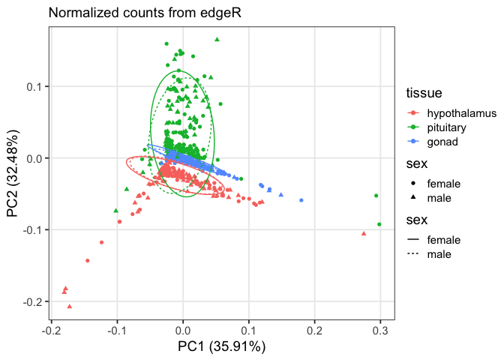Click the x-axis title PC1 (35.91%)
point(220,346)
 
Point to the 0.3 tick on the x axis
point(380,330)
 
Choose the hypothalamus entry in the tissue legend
point(461,113)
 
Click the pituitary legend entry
point(450,127)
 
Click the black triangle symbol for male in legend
point(413,197)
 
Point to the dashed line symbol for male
point(413,254)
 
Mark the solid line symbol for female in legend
point(413,240)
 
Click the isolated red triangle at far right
point(364,233)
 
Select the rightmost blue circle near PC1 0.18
point(301,200)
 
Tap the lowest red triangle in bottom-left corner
point(70,306)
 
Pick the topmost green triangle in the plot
point(217,39)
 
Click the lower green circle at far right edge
point(379,224)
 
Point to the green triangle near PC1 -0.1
point(115,210)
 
